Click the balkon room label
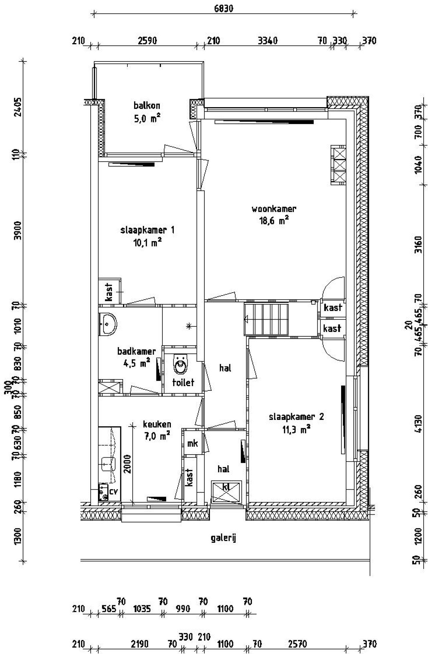point(147,112)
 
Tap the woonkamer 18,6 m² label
point(274,215)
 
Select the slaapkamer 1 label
point(147,236)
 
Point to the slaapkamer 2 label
point(296,423)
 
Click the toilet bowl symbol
point(181,365)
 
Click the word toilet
point(183,382)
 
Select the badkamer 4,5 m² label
point(136,357)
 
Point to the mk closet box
point(193,443)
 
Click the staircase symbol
point(266,319)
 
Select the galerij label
point(224,538)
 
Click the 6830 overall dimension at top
point(223,8)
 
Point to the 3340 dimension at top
point(267,41)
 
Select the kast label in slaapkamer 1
point(109,292)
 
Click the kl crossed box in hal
point(226,491)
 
